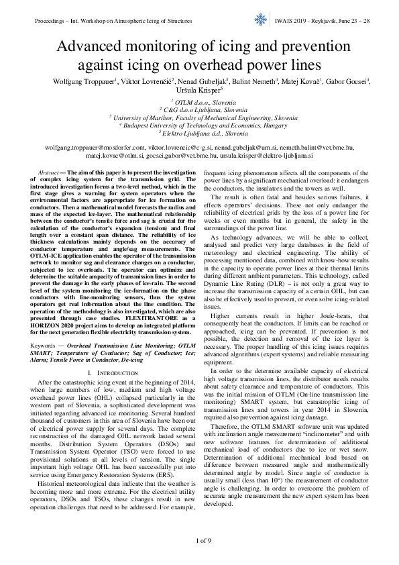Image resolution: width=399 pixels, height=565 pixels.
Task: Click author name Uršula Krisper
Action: point(199,91)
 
